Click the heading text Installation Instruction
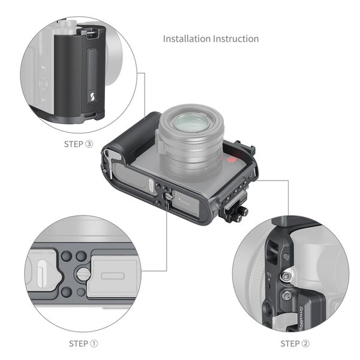click(x=211, y=38)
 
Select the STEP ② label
click(x=295, y=344)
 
